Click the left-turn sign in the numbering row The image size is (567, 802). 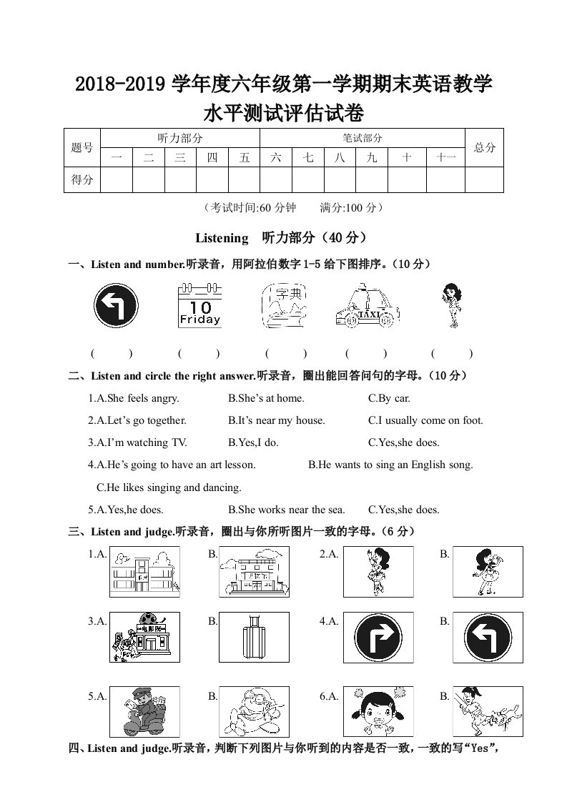click(x=115, y=305)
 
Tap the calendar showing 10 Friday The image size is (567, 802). click(x=199, y=305)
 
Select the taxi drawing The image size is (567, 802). click(x=366, y=308)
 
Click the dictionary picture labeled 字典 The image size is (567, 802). click(x=284, y=305)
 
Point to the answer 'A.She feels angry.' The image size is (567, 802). click(x=134, y=398)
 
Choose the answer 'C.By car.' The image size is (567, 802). click(x=389, y=398)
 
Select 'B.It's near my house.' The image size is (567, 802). click(x=276, y=420)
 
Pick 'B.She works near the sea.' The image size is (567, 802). click(x=286, y=510)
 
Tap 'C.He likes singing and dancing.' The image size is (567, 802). click(x=169, y=487)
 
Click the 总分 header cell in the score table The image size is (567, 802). click(x=484, y=148)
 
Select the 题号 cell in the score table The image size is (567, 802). click(x=82, y=148)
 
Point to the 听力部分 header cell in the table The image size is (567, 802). click(x=179, y=138)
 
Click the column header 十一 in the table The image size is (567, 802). click(x=445, y=158)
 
